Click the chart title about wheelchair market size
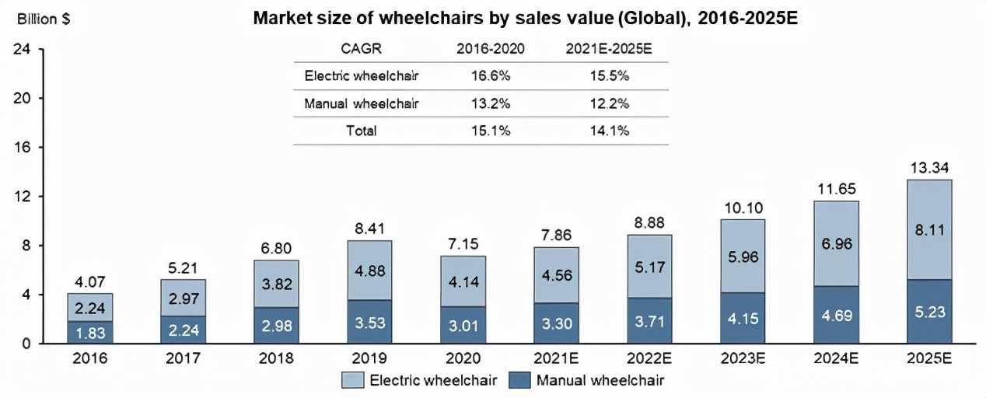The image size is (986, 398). [x=526, y=19]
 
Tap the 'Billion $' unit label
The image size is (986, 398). [x=43, y=19]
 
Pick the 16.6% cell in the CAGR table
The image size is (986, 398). [x=490, y=76]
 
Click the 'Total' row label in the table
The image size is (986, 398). [x=361, y=131]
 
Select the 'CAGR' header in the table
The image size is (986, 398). [x=361, y=49]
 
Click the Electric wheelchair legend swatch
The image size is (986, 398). [x=355, y=380]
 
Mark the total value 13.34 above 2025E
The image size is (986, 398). [x=929, y=168]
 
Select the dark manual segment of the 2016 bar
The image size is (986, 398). [x=90, y=333]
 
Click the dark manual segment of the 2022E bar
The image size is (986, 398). [x=650, y=320]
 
